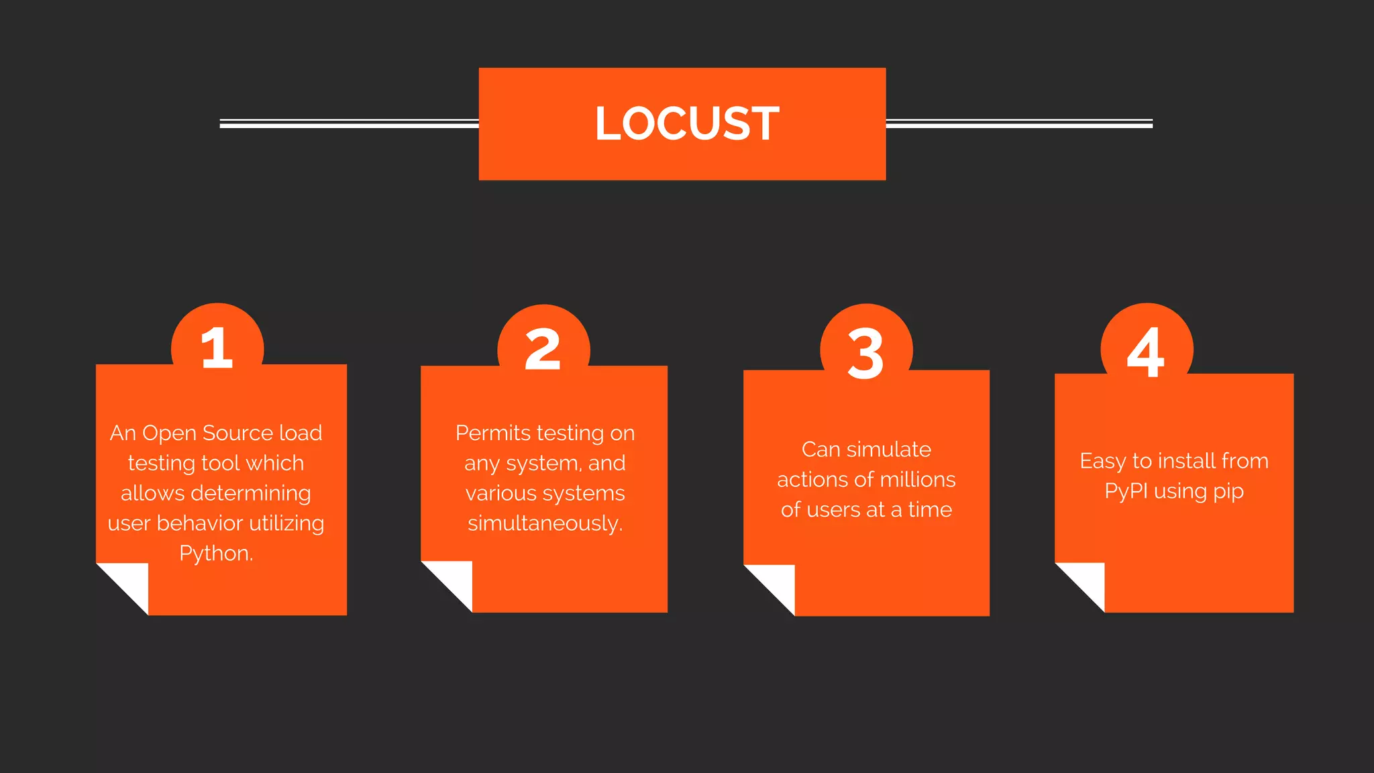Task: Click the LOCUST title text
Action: (686, 123)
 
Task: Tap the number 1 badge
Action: (217, 348)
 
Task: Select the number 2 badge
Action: (543, 349)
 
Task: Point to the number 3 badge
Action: (866, 352)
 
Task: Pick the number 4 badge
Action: (1146, 351)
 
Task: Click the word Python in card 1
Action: (215, 553)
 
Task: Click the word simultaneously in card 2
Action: (545, 523)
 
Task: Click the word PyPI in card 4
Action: (1126, 491)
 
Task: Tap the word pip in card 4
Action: (1228, 492)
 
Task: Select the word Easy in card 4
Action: (1102, 461)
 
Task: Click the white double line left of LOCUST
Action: (349, 123)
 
